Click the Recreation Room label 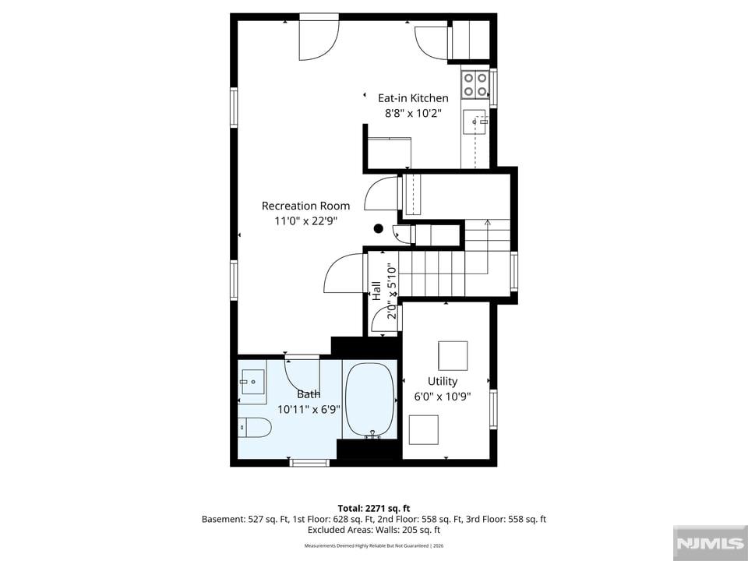click(305, 206)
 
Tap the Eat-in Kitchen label click(413, 98)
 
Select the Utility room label click(443, 381)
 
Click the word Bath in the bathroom click(309, 394)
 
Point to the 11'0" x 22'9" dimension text click(305, 221)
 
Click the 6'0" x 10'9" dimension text click(443, 397)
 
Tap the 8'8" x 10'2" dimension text click(414, 113)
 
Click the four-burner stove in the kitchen click(475, 84)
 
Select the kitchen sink click(475, 122)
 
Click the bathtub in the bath click(370, 400)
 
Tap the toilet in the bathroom click(255, 427)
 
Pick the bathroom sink click(252, 382)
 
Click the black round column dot click(379, 228)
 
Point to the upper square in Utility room click(453, 355)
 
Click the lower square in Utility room click(424, 430)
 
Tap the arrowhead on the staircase click(487, 222)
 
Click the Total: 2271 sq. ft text click(374, 508)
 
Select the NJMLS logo click(711, 543)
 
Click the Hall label click(377, 291)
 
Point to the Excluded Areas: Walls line click(374, 530)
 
